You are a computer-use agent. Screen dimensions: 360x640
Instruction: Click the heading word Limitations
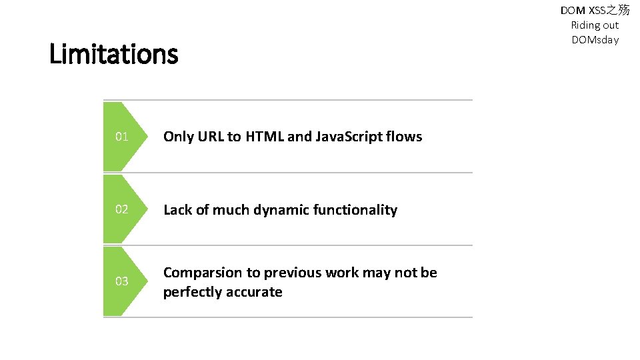pyautogui.click(x=113, y=54)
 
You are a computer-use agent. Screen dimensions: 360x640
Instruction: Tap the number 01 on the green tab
pyautogui.click(x=121, y=137)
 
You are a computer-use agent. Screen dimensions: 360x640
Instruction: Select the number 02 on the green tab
pyautogui.click(x=121, y=209)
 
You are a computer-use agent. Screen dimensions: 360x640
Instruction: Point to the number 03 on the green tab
pyautogui.click(x=121, y=281)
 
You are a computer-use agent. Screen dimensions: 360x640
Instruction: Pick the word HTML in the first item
pyautogui.click(x=265, y=137)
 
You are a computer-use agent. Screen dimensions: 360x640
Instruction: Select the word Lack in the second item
pyautogui.click(x=177, y=210)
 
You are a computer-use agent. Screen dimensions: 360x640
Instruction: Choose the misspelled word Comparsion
pyautogui.click(x=203, y=273)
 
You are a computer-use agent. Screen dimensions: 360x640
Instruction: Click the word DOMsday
pyautogui.click(x=595, y=40)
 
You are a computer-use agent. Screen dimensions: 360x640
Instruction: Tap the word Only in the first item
pyautogui.click(x=177, y=137)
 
